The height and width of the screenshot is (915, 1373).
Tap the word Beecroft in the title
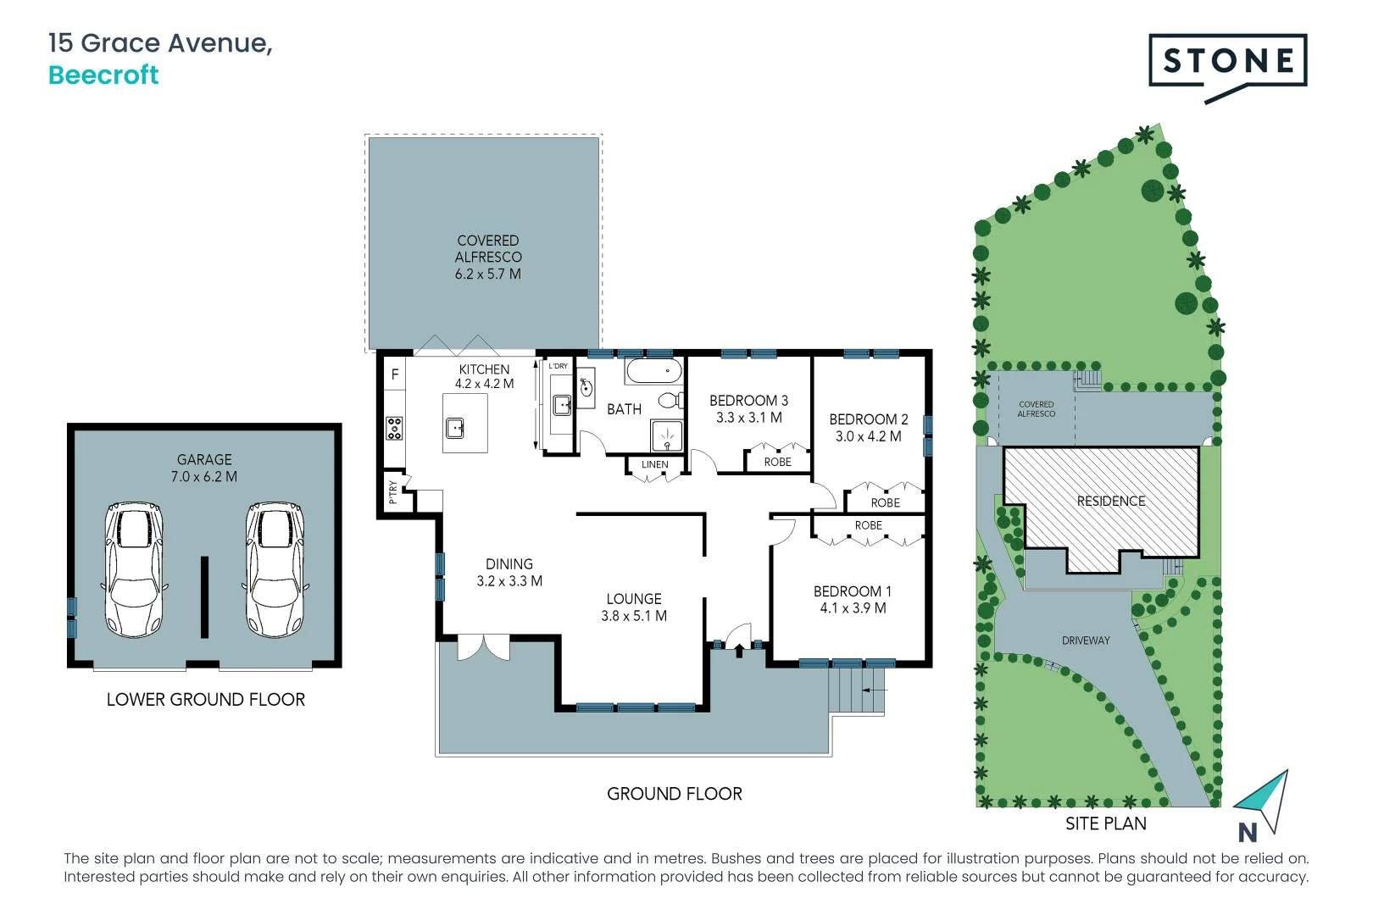tap(103, 75)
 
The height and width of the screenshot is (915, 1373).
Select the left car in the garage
tap(133, 569)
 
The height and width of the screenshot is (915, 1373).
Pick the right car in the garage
tap(274, 569)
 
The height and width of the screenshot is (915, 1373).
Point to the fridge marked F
tap(394, 374)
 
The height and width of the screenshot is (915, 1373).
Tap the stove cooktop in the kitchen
tap(394, 428)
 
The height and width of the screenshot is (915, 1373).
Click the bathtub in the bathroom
tap(653, 371)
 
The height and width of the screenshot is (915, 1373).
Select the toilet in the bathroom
tap(670, 400)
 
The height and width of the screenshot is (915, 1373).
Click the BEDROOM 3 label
tap(748, 401)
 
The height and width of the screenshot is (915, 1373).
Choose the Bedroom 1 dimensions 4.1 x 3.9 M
tap(853, 608)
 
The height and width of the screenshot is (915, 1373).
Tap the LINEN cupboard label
tap(654, 465)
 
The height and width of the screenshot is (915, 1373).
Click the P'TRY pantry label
tap(393, 492)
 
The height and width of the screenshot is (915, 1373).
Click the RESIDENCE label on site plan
tap(1110, 502)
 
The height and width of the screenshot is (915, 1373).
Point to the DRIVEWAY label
tap(1086, 640)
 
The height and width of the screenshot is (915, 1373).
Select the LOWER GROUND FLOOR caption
tap(205, 700)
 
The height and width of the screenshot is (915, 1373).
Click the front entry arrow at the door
tap(739, 651)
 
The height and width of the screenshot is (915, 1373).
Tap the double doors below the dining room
tap(484, 647)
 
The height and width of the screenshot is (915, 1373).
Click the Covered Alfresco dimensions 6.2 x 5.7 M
tap(487, 274)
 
